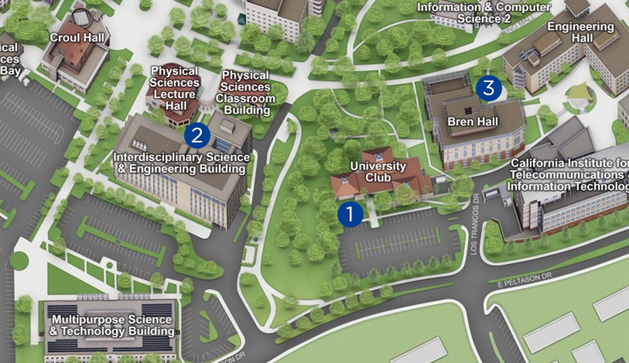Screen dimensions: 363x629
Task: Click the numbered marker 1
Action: point(350,214)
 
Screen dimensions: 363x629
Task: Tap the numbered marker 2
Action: point(197,135)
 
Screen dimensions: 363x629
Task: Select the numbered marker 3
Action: point(489,88)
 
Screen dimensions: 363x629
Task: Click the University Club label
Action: point(378,172)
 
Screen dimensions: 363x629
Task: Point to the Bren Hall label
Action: point(473,122)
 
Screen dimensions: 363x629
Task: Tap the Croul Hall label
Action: point(77,38)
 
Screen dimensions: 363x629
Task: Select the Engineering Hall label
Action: point(581,32)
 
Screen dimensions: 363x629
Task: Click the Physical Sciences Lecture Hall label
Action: point(174,88)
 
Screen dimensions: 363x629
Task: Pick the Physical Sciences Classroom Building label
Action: point(245,93)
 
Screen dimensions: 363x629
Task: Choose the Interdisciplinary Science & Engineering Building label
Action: point(181,163)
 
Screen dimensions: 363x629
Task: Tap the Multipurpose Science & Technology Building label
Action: point(112,325)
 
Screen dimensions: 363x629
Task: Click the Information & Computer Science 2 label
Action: point(484,13)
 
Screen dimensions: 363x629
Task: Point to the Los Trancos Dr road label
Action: point(475,225)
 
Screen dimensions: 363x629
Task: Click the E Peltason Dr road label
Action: point(525,281)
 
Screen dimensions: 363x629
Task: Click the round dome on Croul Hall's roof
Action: point(81,17)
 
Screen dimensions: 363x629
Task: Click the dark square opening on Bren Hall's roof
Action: point(468,110)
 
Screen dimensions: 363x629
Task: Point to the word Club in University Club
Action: point(378,178)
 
